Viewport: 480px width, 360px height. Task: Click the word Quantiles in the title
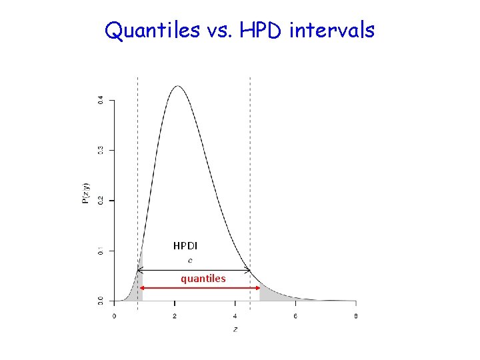coord(151,30)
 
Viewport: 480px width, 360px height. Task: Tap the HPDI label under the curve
coord(185,246)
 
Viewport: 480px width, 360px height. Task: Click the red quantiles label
coord(203,278)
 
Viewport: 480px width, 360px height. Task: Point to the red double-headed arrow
coord(200,287)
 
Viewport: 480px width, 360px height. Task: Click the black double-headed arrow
coord(193,270)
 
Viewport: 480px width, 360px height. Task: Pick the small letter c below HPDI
coord(191,260)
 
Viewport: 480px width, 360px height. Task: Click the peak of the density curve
coord(177,86)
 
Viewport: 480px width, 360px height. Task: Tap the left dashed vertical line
coord(137,167)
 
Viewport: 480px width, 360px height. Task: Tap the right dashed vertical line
coord(250,167)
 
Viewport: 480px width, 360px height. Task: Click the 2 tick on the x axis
coord(175,315)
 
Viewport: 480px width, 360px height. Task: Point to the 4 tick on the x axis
coord(235,315)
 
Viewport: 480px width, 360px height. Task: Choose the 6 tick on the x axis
coord(295,315)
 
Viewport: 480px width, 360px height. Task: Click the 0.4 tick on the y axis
coord(101,100)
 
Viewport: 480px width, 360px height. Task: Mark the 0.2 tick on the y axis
coord(101,200)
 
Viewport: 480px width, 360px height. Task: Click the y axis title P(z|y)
coord(85,193)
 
